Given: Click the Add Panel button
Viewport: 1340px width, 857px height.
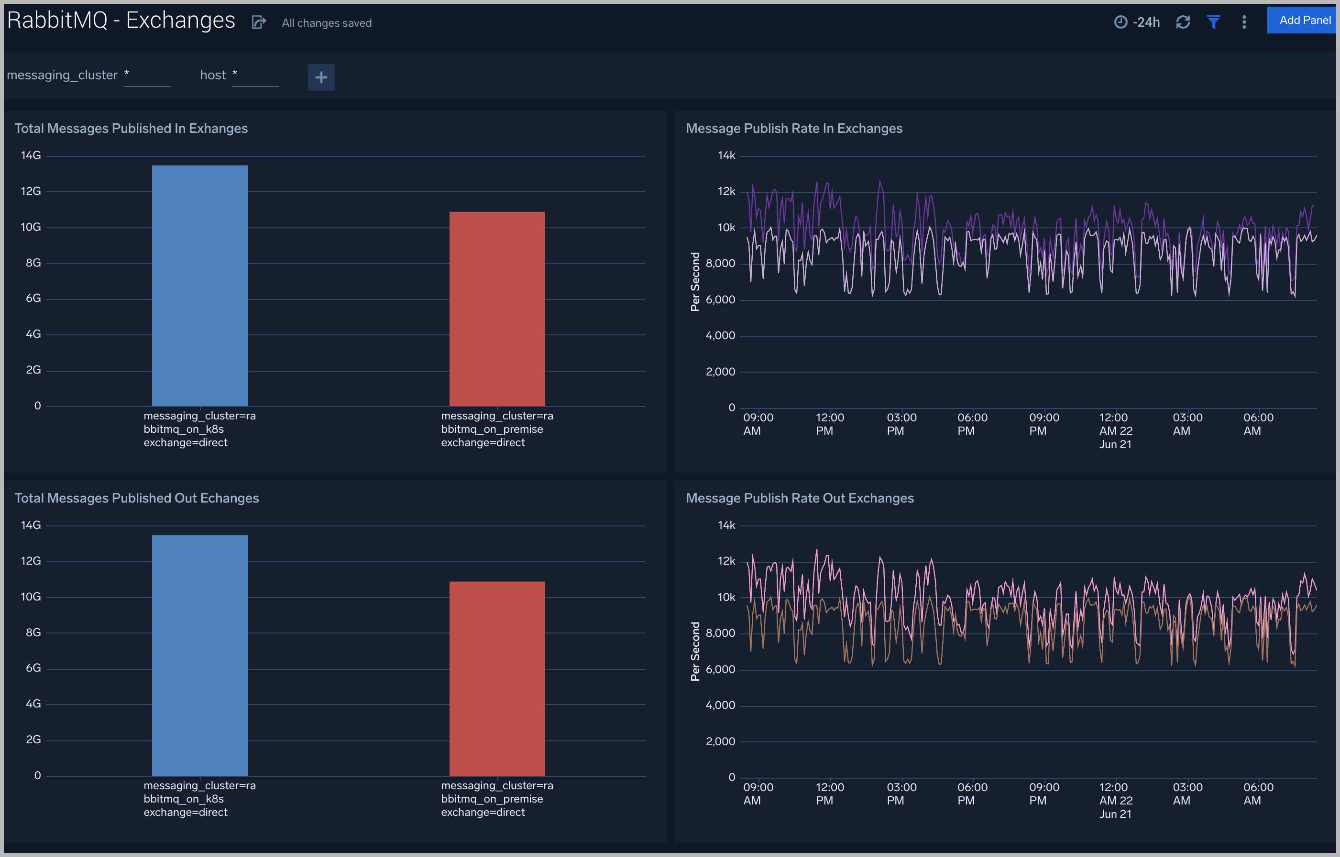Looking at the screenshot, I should (x=1303, y=21).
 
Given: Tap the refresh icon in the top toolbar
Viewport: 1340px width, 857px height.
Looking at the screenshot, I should (x=1183, y=22).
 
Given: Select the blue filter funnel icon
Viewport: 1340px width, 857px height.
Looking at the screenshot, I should (x=1214, y=22).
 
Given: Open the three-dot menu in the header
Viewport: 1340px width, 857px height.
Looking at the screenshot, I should (x=1244, y=22).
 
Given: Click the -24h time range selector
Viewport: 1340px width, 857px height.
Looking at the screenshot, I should (x=1137, y=22).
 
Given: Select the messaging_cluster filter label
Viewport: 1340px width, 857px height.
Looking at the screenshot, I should (x=62, y=75).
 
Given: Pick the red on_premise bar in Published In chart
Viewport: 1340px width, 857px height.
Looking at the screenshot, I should (x=497, y=309).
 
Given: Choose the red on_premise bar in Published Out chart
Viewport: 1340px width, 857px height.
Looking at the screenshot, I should (x=497, y=678).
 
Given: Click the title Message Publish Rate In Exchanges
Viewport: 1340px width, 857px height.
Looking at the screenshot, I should (x=794, y=129).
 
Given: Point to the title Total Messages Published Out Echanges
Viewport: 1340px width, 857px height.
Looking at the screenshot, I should (x=136, y=498).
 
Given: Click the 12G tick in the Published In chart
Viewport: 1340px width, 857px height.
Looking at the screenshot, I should (x=31, y=192).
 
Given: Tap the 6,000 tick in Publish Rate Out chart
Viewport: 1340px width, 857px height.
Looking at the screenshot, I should (x=720, y=669).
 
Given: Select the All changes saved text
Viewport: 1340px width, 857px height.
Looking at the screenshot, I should (x=326, y=23).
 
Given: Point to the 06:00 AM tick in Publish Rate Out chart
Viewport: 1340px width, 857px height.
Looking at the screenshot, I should (x=1258, y=793).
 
